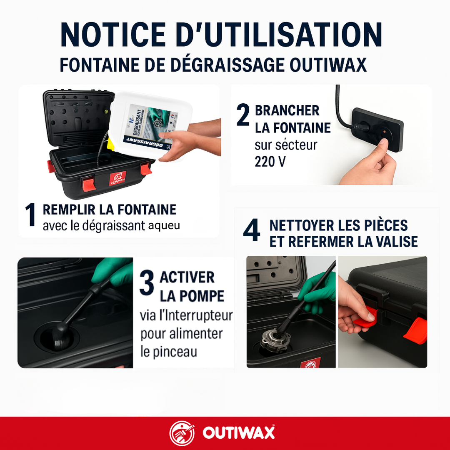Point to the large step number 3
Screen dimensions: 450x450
(x=147, y=283)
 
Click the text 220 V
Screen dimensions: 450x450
(x=270, y=162)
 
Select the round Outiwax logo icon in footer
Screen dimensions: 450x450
(x=182, y=433)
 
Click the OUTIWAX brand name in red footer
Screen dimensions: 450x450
(x=239, y=433)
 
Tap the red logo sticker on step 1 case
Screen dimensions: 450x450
(x=117, y=178)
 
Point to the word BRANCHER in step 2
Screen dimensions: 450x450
(x=287, y=110)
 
